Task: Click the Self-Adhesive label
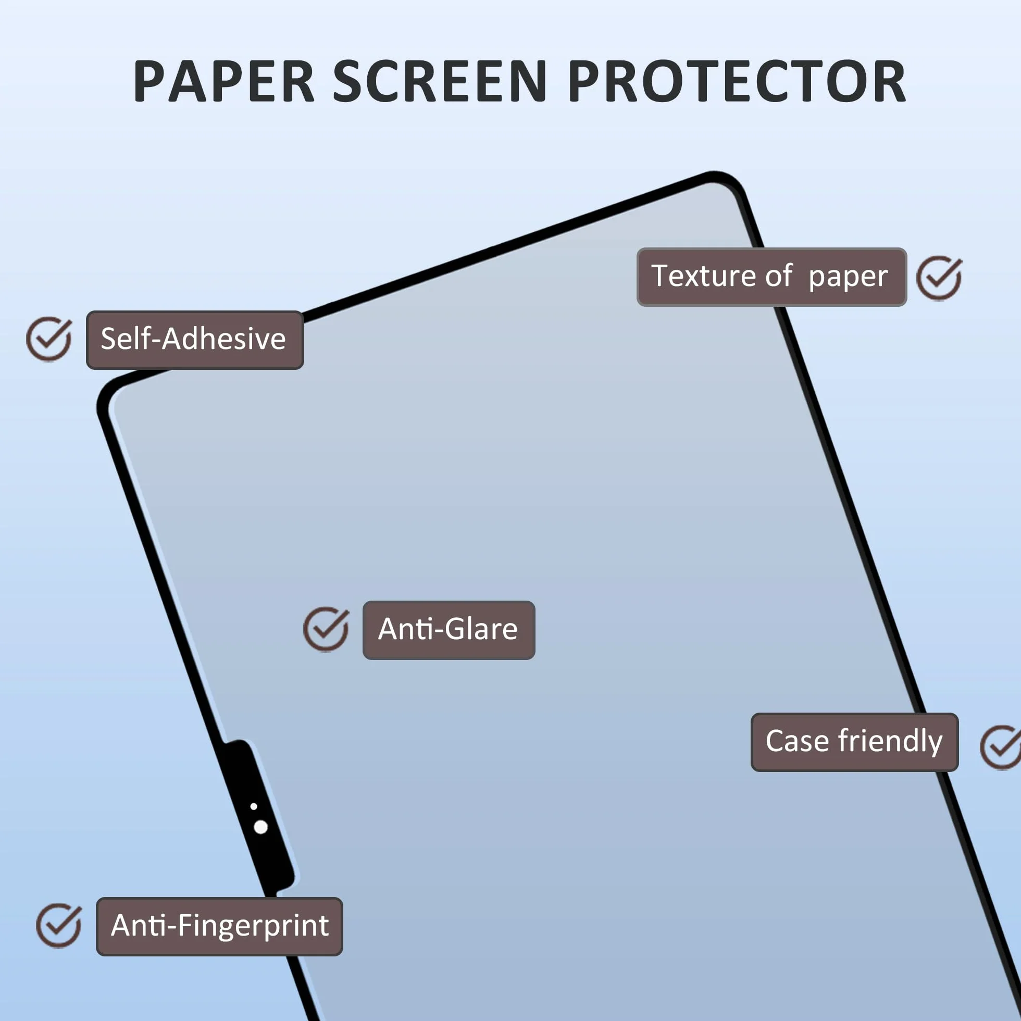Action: click(194, 340)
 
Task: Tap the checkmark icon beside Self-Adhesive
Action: click(49, 339)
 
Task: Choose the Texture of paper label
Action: click(771, 277)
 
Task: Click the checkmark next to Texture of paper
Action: click(939, 279)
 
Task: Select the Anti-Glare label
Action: click(449, 630)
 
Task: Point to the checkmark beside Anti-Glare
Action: click(326, 629)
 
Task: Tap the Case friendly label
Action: click(854, 742)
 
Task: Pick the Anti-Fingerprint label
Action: click(219, 926)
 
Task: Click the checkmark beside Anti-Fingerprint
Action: click(59, 925)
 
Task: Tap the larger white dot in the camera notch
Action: click(260, 827)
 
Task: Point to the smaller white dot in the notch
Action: click(254, 806)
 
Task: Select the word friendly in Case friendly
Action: click(890, 741)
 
